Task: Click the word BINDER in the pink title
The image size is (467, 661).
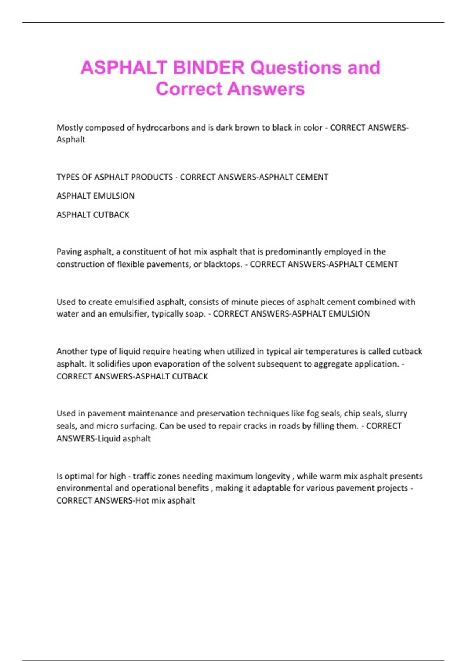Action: tap(209, 68)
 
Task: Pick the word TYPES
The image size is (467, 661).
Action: tap(68, 177)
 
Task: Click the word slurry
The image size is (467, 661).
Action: tap(396, 413)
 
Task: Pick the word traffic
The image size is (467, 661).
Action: tap(147, 476)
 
